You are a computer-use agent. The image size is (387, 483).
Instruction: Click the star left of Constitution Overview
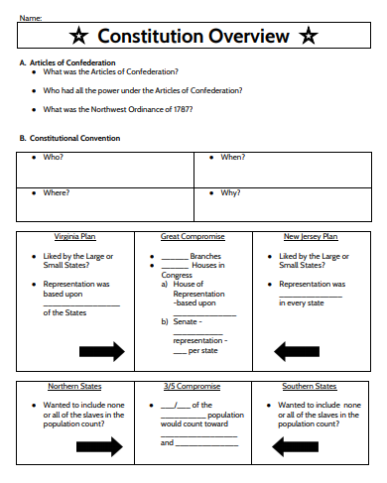pos(79,37)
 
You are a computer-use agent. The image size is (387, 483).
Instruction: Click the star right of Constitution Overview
pos(309,37)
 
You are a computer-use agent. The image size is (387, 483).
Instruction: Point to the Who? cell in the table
pos(53,158)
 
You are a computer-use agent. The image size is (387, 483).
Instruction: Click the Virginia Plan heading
pos(75,237)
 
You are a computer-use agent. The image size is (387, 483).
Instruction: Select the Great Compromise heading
pos(193,237)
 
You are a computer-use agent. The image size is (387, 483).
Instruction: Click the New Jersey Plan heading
pos(311,237)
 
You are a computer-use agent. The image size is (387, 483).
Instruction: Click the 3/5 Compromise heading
pos(193,386)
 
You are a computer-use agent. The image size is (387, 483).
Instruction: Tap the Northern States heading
pos(75,386)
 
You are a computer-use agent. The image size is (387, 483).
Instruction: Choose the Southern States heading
pos(311,386)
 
